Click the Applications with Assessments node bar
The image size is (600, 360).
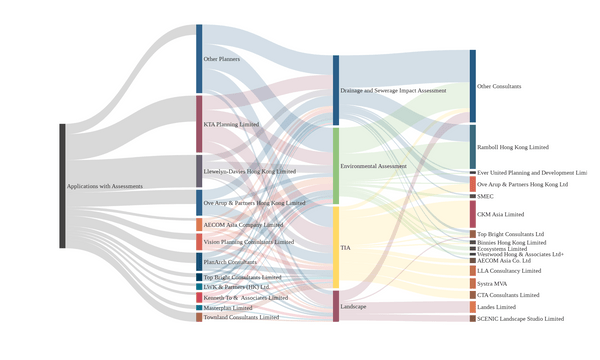(62, 186)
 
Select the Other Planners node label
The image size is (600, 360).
(222, 60)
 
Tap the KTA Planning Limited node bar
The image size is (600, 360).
(199, 124)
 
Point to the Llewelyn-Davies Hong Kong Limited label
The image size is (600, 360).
(249, 172)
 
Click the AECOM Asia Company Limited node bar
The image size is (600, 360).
(199, 225)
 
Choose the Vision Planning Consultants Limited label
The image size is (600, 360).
(248, 242)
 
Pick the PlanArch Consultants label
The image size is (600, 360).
(229, 262)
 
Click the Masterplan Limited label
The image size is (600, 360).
(228, 308)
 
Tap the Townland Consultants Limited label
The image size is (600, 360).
(241, 318)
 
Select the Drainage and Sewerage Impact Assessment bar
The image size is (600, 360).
(336, 90)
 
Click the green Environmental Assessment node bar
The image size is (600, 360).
(336, 166)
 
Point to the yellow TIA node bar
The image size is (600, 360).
(336, 247)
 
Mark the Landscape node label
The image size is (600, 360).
(353, 306)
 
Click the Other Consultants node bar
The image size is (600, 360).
(473, 86)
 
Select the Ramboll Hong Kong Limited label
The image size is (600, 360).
(513, 147)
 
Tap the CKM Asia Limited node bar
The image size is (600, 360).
(473, 214)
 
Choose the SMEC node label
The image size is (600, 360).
(486, 196)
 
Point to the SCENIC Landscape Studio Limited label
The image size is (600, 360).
(520, 319)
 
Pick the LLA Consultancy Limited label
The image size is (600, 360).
(509, 271)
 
